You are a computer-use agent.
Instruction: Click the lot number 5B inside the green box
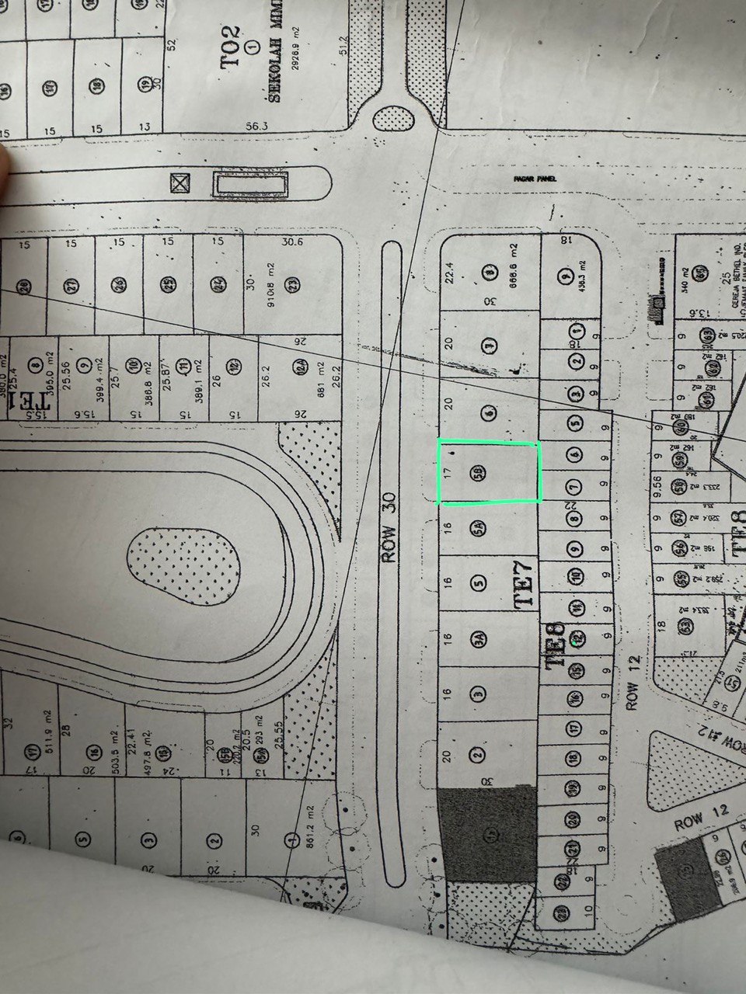click(479, 472)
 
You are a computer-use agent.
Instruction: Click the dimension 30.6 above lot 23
click(291, 242)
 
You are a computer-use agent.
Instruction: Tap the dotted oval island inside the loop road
click(184, 562)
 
